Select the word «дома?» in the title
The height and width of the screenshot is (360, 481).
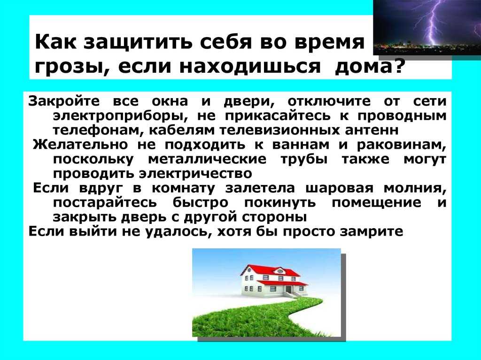pyautogui.click(x=368, y=66)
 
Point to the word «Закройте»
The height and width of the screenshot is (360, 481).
pyautogui.click(x=64, y=101)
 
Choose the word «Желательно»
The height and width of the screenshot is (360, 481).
pyautogui.click(x=80, y=145)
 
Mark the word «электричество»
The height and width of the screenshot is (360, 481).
pyautogui.click(x=195, y=174)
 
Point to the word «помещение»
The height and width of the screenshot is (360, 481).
pyautogui.click(x=376, y=203)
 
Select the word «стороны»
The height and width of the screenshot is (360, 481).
pyautogui.click(x=274, y=217)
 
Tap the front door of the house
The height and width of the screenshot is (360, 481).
pyautogui.click(x=289, y=290)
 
